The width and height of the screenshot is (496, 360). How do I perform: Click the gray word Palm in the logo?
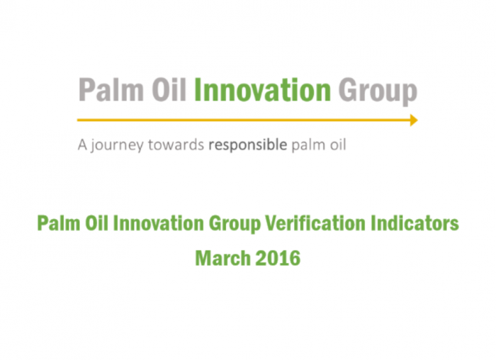click(111, 90)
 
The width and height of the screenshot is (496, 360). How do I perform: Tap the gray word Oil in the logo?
click(169, 90)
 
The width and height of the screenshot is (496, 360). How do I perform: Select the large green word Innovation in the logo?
click(263, 90)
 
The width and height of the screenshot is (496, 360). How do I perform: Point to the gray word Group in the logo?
click(378, 92)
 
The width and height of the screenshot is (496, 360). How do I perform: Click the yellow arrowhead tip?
click(418, 120)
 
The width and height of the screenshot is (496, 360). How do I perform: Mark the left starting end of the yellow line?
click(77, 120)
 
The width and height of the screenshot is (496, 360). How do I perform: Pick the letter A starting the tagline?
click(82, 145)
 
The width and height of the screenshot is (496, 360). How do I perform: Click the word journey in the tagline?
click(117, 146)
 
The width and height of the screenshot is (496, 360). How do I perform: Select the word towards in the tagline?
click(176, 145)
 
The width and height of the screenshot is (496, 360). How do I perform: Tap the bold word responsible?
click(248, 145)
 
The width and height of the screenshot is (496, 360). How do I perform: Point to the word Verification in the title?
click(315, 223)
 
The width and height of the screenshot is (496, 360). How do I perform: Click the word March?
click(223, 258)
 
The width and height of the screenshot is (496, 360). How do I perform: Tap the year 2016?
click(278, 258)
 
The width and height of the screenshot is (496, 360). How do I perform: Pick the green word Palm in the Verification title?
click(59, 223)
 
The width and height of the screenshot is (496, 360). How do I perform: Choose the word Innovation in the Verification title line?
click(159, 223)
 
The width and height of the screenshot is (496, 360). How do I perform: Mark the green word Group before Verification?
click(235, 225)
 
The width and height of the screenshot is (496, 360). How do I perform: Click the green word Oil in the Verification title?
click(96, 223)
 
